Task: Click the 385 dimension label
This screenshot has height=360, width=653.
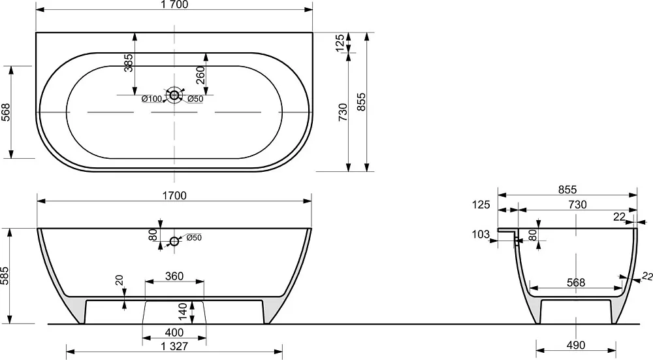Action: point(129,63)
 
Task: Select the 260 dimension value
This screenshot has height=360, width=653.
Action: point(200,75)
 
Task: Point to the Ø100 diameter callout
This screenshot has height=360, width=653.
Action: point(151,99)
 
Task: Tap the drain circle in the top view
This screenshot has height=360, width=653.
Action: point(174,95)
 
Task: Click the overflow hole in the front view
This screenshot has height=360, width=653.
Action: point(174,241)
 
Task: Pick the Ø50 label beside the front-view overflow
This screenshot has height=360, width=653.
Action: point(194,238)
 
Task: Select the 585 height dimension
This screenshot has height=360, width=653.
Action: point(5,276)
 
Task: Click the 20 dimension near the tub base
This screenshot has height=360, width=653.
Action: point(120,280)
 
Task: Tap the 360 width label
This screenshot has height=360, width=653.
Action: point(174,276)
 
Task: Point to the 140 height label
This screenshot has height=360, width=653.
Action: point(183,312)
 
